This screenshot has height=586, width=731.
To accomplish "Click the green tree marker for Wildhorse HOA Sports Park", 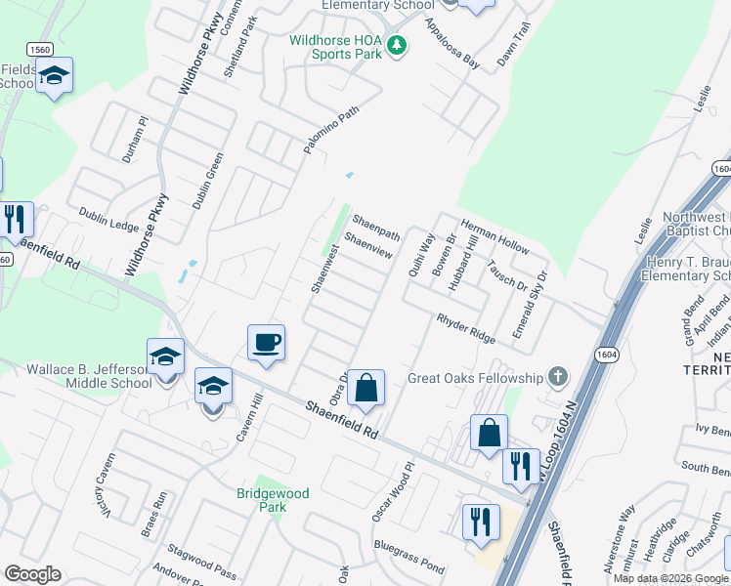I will [x=396, y=45].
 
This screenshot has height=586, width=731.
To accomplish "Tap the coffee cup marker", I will [x=266, y=343].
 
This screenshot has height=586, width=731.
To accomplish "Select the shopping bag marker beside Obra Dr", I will [x=365, y=388].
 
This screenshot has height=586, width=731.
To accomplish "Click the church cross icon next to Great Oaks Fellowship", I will [x=557, y=376].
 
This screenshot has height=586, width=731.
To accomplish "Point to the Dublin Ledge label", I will [x=109, y=224].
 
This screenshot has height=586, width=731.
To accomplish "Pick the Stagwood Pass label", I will [x=202, y=564].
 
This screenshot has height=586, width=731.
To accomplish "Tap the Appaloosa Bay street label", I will [x=452, y=47].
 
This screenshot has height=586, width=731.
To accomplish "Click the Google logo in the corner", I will [x=32, y=574].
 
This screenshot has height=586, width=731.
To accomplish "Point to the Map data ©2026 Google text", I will [x=670, y=578].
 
